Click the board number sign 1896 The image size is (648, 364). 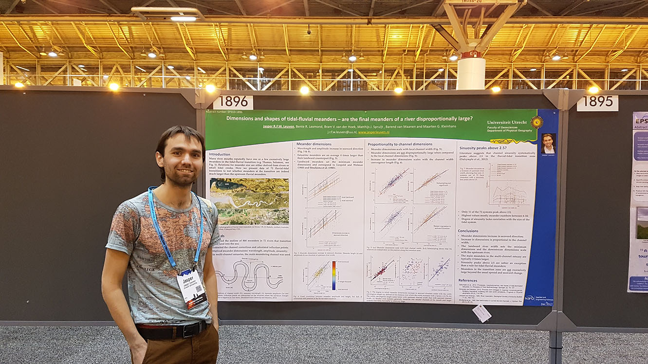[x=233, y=102]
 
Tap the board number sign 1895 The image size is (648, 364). [x=597, y=103]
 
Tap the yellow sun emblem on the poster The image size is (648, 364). [x=537, y=122]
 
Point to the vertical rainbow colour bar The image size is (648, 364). [x=333, y=275]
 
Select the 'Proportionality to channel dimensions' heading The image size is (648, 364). [x=400, y=145]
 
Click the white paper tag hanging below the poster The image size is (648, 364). [x=481, y=313]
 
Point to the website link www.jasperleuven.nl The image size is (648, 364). [x=377, y=131]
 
